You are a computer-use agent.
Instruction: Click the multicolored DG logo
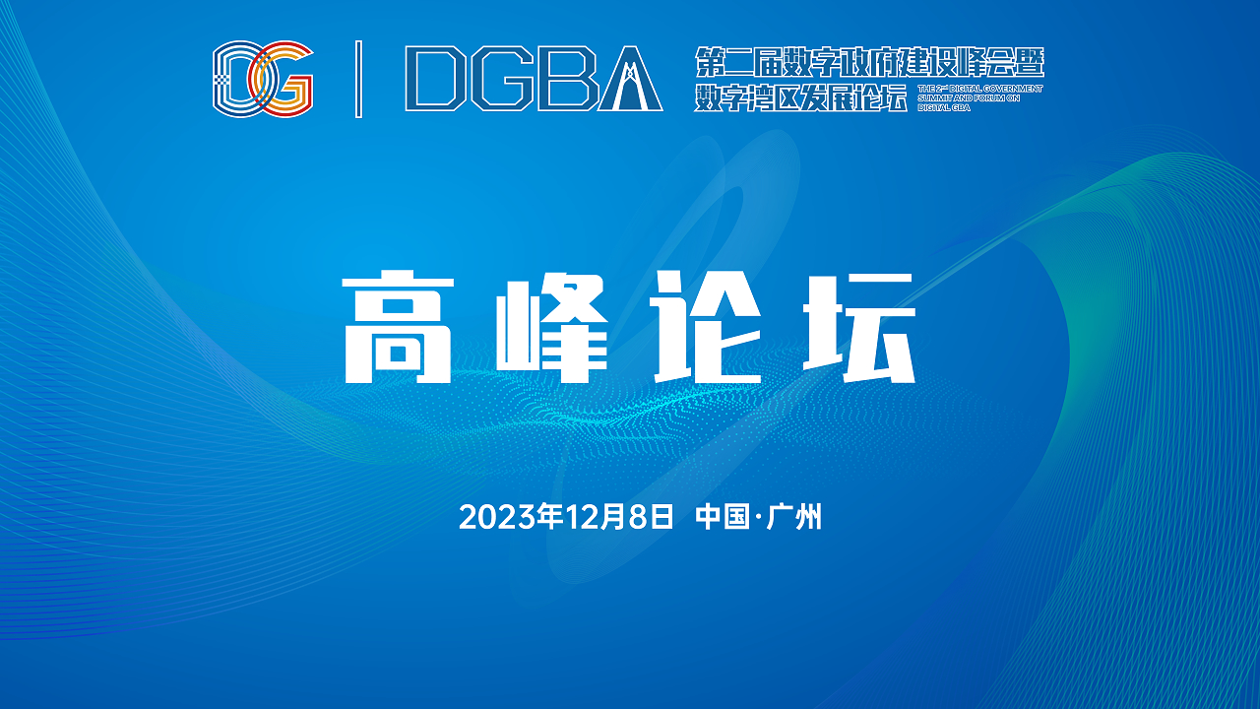[263, 79]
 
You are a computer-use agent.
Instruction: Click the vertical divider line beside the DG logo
[358, 79]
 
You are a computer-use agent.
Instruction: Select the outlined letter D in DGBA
[435, 79]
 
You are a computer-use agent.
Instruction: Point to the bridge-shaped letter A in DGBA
[630, 79]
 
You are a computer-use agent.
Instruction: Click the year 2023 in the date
[490, 517]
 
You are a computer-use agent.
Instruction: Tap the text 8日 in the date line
[650, 517]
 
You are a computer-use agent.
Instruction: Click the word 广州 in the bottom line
[796, 517]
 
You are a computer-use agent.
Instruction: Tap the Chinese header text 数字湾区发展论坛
[799, 97]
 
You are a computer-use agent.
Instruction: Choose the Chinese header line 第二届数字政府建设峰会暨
[868, 63]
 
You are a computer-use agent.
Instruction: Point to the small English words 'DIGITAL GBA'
[944, 107]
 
